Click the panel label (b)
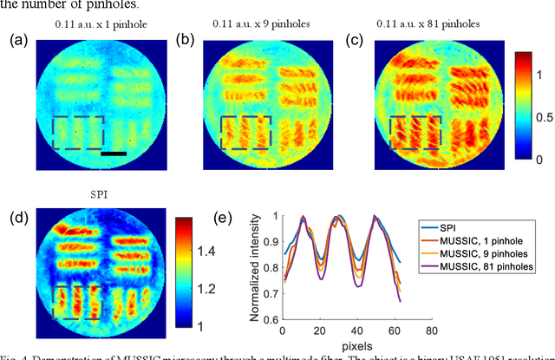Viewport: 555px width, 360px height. pyautogui.click(x=184, y=39)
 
